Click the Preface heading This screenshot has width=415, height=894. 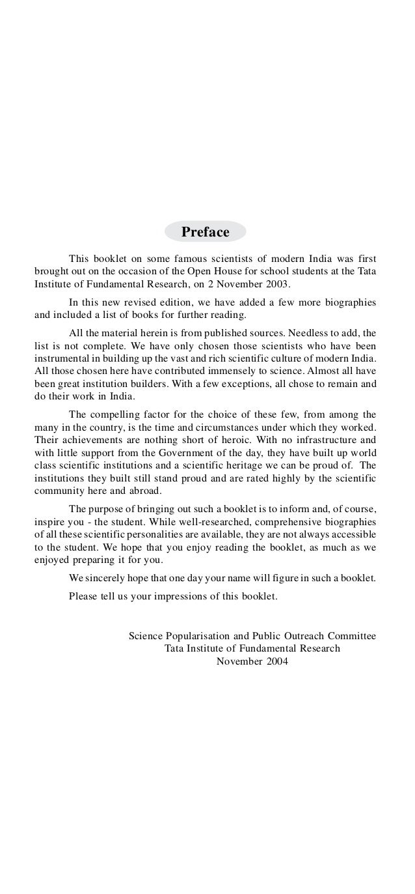tap(206, 232)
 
